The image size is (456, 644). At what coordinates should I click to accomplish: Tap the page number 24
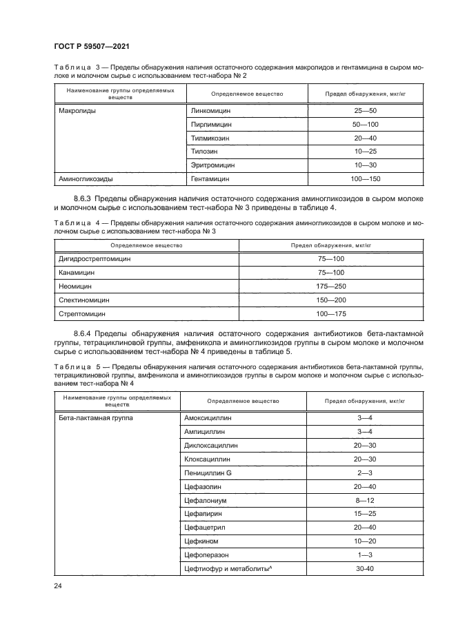pyautogui.click(x=59, y=586)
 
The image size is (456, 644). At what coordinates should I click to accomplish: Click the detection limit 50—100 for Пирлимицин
pyautogui.click(x=365, y=124)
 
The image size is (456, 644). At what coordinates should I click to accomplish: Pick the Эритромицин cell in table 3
pyautogui.click(x=212, y=165)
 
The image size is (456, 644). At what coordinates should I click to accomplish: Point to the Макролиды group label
pyautogui.click(x=77, y=110)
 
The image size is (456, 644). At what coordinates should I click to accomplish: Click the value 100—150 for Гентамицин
pyautogui.click(x=365, y=179)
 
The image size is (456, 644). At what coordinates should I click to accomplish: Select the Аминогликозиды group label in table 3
pyautogui.click(x=86, y=179)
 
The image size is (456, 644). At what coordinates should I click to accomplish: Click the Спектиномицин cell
pyautogui.click(x=84, y=300)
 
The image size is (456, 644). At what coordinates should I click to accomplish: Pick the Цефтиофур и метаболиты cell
pyautogui.click(x=226, y=569)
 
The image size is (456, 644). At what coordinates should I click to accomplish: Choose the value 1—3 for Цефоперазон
pyautogui.click(x=365, y=555)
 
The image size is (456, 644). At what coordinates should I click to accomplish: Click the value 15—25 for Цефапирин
pyautogui.click(x=365, y=515)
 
